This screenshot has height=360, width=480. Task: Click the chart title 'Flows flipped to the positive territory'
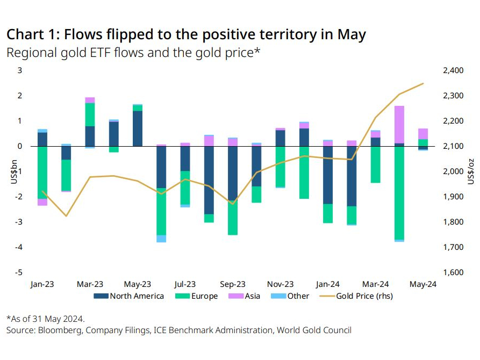pos(186,35)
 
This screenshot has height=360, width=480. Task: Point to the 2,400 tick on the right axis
pos(453,70)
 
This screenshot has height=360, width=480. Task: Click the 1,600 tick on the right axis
pos(453,272)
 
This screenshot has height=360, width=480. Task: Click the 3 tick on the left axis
pos(20,70)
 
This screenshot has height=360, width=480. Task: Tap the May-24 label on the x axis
pos(422,284)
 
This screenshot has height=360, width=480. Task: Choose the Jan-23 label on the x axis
pos(42,284)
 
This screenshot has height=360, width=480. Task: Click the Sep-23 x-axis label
pos(232,284)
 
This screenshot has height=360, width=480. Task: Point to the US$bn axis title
pos(13,172)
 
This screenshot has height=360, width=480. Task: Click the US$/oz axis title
pos(471,172)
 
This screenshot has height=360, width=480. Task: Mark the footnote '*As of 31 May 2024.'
pos(46,319)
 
